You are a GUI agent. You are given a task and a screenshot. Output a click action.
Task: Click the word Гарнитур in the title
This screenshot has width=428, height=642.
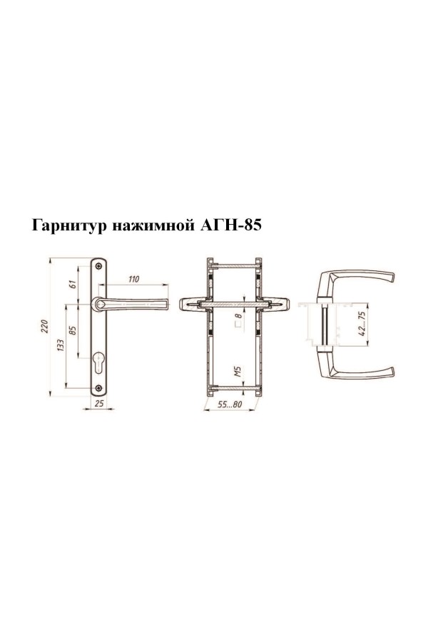pos(69,226)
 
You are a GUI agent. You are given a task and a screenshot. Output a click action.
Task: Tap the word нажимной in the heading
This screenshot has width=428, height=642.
pos(153,226)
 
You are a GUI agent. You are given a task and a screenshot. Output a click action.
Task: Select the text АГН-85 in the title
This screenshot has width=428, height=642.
pos(230,225)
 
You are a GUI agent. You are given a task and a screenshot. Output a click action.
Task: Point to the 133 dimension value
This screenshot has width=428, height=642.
pos(60,345)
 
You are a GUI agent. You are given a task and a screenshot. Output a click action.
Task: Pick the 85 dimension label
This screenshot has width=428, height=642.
pos(73,330)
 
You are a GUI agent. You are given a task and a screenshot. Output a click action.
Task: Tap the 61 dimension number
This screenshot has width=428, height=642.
pos(73,283)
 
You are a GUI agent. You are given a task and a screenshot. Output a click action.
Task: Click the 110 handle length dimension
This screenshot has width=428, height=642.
pos(134,279)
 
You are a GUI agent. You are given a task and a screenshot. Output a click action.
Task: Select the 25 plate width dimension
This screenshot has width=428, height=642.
pos(99,403)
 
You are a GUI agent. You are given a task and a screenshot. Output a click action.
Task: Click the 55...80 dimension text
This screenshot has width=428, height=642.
pos(230,404)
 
